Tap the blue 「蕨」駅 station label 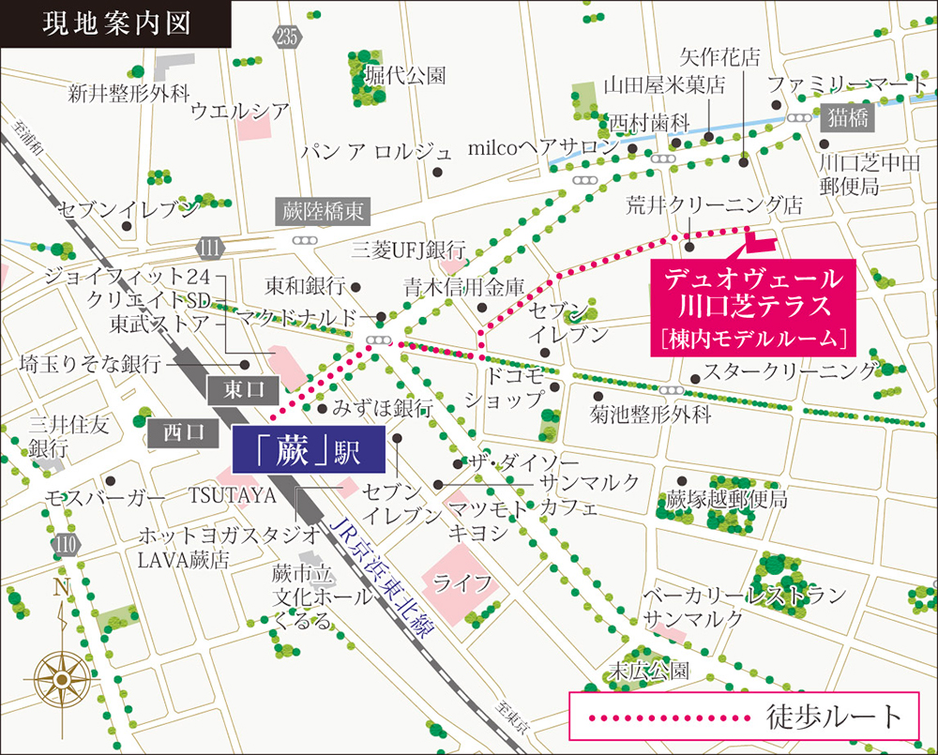point(309,452)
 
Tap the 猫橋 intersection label point(847,118)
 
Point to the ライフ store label point(462,582)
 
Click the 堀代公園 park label point(405,75)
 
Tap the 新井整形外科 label point(129,93)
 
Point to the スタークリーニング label point(791,370)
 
